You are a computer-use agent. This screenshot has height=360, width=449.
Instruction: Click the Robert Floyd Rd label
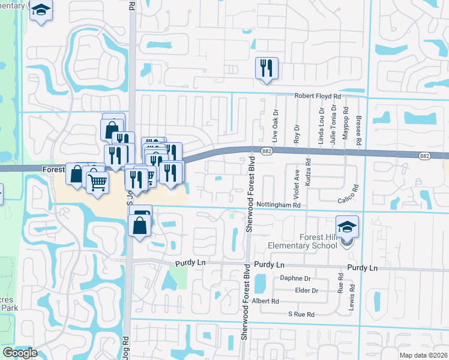317,95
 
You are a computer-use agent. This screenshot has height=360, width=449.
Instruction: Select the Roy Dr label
297,133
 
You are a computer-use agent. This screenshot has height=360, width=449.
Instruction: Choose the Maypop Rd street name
346,124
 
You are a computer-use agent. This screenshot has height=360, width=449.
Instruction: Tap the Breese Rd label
358,129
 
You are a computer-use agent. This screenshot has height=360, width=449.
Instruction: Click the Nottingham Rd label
278,205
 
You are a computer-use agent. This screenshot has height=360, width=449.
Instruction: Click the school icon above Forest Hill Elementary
347,226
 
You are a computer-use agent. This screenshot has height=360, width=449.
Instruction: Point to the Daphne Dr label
295,278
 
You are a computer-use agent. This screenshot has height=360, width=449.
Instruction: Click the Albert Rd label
266,301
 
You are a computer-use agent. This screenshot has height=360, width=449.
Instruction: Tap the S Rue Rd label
301,314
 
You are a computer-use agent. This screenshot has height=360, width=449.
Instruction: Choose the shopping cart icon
97,181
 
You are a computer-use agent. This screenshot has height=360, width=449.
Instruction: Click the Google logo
20,353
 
